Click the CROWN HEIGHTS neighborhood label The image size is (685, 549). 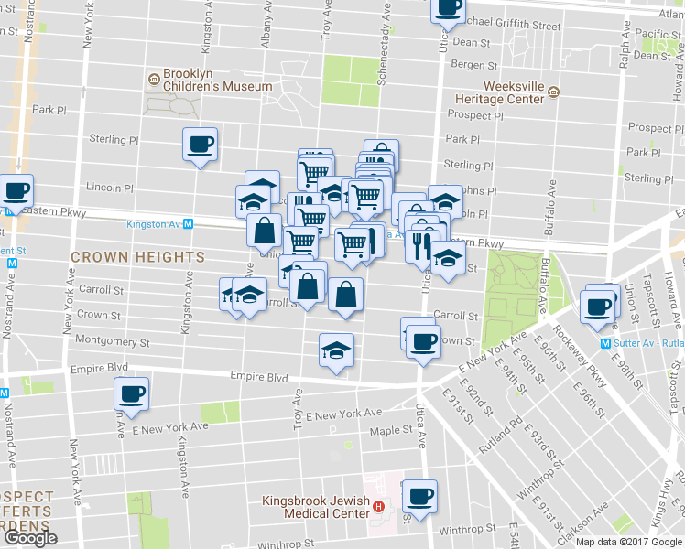137,258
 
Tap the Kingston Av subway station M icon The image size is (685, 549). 188,223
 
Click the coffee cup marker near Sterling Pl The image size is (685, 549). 200,145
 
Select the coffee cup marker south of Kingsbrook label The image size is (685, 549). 419,497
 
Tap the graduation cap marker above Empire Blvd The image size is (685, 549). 336,350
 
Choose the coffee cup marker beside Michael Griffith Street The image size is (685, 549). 447,9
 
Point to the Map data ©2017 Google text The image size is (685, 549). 628,542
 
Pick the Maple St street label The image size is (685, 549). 392,431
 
